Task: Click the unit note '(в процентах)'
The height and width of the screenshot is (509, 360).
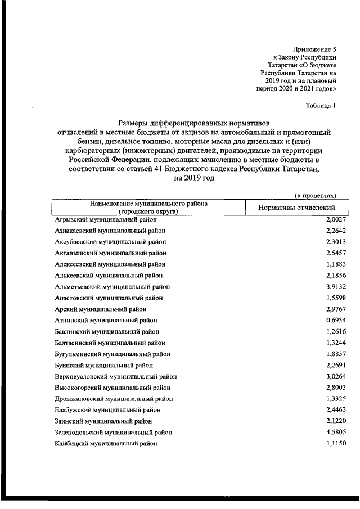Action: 316,195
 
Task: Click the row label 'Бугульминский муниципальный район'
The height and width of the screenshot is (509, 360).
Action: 112,354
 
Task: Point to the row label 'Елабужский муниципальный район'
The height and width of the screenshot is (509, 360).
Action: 107,409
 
